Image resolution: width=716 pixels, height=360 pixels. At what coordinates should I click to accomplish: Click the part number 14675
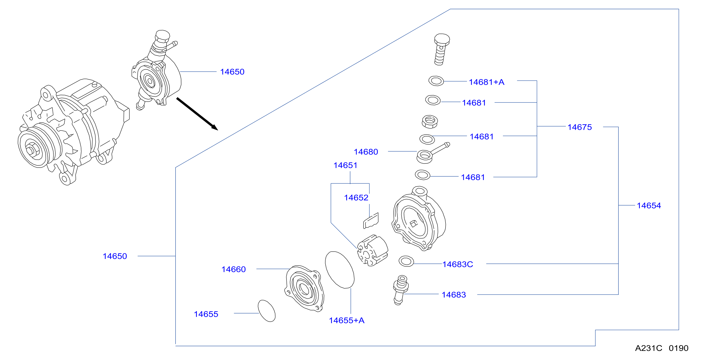(x=580, y=127)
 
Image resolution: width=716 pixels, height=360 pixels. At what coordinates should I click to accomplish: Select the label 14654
(x=649, y=205)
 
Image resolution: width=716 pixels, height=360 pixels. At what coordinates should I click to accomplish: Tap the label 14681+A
(x=486, y=82)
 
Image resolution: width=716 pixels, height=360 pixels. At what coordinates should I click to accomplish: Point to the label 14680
(x=366, y=152)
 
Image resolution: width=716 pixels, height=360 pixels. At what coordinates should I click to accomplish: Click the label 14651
(x=345, y=165)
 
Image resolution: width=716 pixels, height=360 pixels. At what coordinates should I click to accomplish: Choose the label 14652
(x=356, y=198)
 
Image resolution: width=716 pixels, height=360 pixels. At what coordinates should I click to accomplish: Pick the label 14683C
(x=457, y=264)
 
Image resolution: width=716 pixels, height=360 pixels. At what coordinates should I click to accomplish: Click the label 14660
(x=234, y=270)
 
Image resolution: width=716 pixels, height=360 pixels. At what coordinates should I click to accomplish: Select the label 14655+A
(x=347, y=320)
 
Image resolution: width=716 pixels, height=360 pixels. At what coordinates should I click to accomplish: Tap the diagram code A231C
(x=649, y=348)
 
